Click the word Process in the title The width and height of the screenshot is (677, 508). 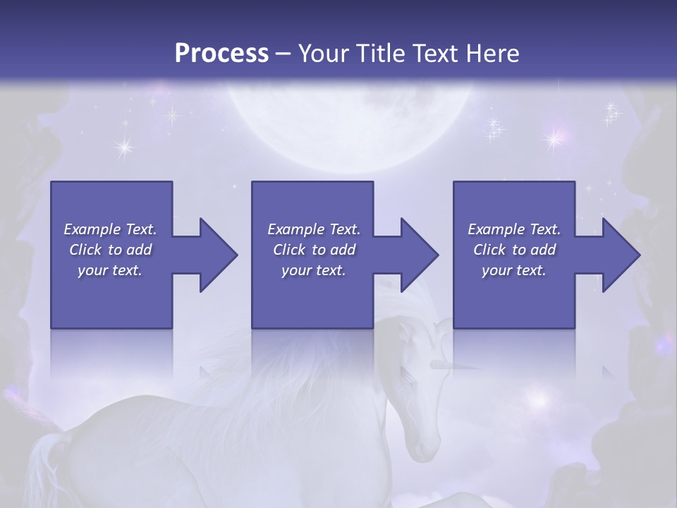point(221,53)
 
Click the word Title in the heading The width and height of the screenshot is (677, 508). point(386,53)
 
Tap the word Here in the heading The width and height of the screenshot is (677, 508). point(493,53)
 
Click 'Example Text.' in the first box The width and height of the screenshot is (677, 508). point(110,229)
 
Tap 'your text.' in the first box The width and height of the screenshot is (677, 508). point(110,270)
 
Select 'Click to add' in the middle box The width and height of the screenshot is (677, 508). point(314,250)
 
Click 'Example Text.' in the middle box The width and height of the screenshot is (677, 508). point(314,229)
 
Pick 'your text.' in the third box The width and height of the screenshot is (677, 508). point(514,270)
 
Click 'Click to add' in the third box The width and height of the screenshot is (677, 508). point(514,250)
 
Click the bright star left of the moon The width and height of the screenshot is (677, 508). point(125,147)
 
